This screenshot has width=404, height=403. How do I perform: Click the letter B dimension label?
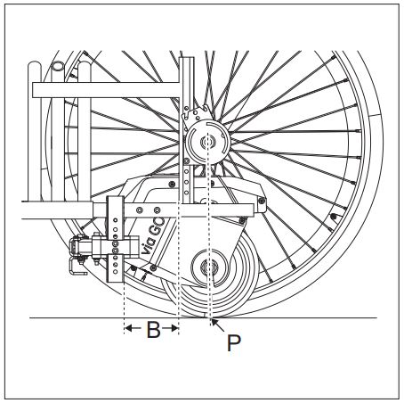pyautogui.click(x=153, y=329)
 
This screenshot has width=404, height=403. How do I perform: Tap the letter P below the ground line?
pyautogui.click(x=234, y=343)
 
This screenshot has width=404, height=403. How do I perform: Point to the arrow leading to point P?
pyautogui.click(x=218, y=325)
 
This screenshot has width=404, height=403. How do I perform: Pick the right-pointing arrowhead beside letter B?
pyautogui.click(x=174, y=328)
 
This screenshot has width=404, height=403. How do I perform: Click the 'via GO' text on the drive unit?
pyautogui.click(x=153, y=236)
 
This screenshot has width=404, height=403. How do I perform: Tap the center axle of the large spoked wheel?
pyautogui.click(x=207, y=141)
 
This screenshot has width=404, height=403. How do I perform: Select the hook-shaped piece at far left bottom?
pyautogui.click(x=77, y=268)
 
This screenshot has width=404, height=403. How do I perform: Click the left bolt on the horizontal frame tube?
pyautogui.click(x=139, y=210)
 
